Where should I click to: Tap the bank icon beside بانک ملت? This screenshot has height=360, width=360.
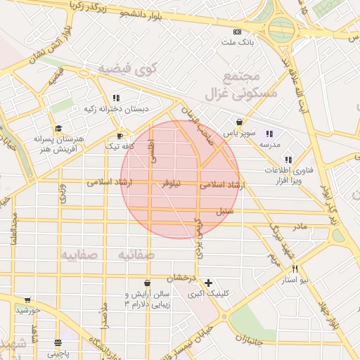237,32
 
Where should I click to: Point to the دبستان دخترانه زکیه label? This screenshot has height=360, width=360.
116,109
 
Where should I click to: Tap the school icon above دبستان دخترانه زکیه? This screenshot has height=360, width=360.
116,98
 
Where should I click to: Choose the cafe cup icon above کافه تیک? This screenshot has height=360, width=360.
120,136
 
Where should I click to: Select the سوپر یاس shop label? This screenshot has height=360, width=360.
238,132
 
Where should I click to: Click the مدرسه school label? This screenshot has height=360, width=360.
269,144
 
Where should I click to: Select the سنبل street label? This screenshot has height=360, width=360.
224,210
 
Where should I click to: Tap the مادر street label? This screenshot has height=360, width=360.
300,226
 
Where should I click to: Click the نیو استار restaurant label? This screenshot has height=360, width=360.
295,280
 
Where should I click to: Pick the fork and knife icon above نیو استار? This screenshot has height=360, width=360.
295,269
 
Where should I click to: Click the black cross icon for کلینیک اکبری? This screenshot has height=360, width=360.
208,283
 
